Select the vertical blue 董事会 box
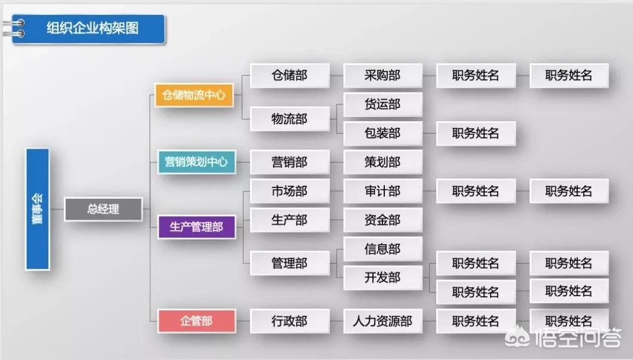point(38,209)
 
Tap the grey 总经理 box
point(103,209)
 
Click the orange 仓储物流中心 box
point(194,95)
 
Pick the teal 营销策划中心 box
point(196,162)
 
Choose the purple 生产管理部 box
point(196,227)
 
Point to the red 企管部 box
point(196,321)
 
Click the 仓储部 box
point(289,75)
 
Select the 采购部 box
point(382,75)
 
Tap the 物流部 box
point(289,119)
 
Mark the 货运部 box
point(382,104)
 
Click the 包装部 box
point(382,133)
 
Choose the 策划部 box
point(382,162)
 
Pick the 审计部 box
point(382,191)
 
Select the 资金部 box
point(382,220)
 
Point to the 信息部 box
point(382,249)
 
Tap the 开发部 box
point(382,278)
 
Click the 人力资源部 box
point(382,321)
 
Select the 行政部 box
point(289,321)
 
